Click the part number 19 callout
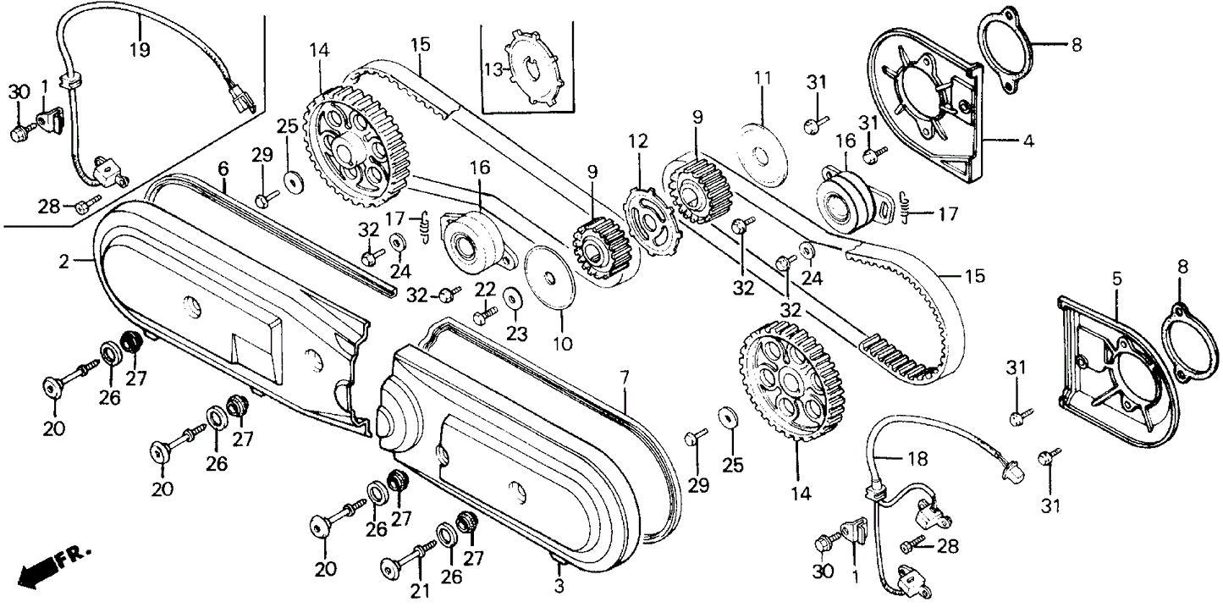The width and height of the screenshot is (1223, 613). point(140,49)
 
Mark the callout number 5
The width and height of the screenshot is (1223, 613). point(1116,278)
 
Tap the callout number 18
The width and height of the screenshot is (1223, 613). point(917,459)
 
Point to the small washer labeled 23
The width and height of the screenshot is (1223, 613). point(512,300)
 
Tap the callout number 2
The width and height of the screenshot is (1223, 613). point(63,262)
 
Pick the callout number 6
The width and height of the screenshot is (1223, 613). point(223,168)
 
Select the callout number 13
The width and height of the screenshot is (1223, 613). point(493,68)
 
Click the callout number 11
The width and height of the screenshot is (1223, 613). point(763,79)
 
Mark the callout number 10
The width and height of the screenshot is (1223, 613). point(563,345)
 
